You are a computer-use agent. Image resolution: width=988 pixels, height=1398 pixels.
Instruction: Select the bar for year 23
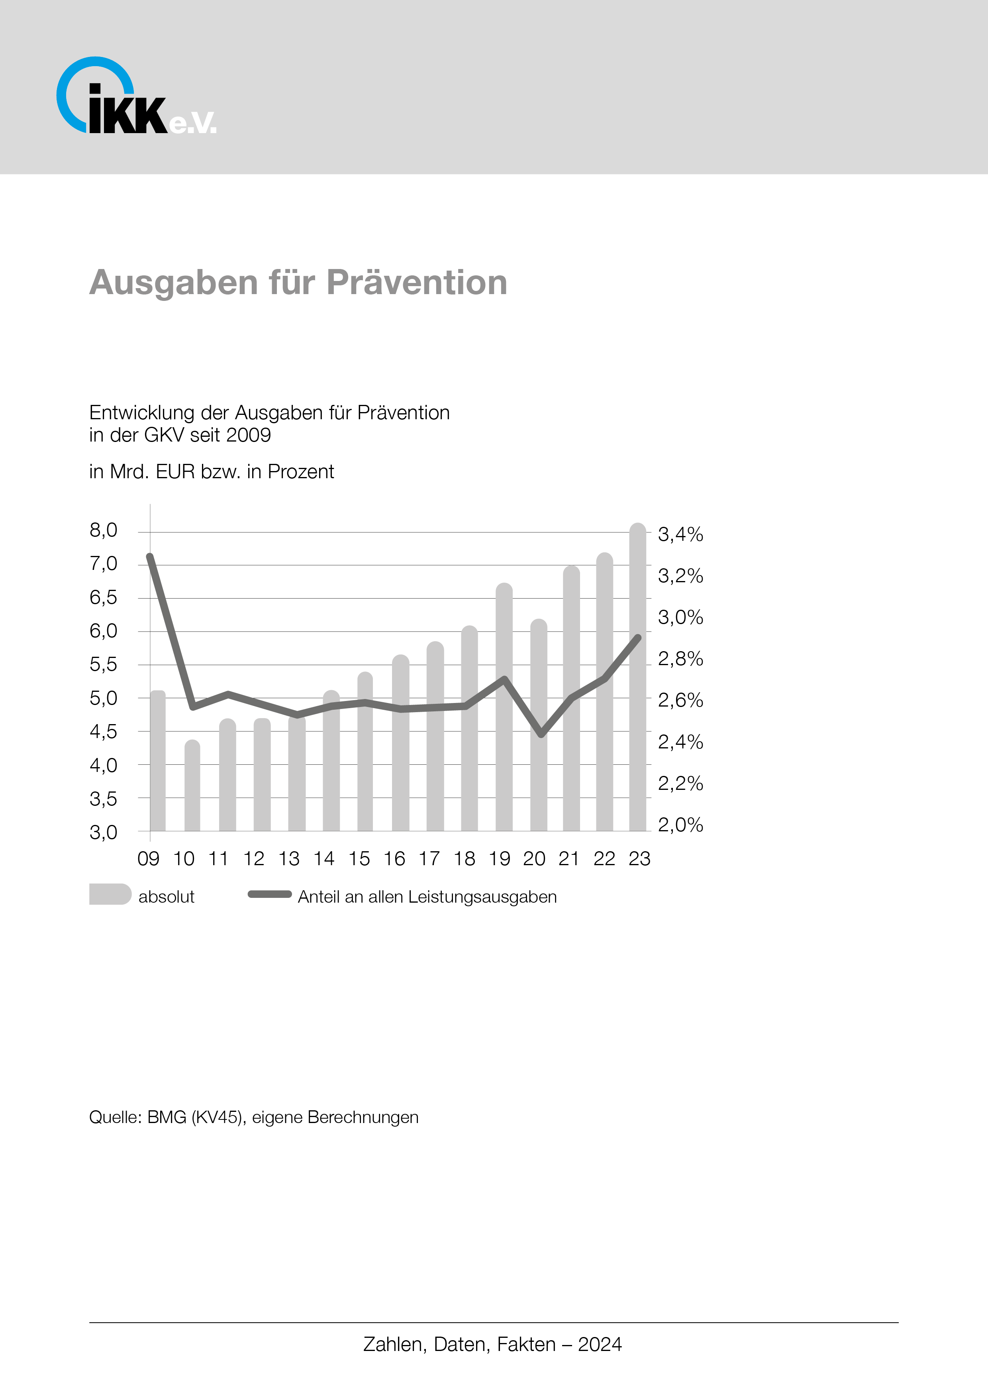click(x=637, y=676)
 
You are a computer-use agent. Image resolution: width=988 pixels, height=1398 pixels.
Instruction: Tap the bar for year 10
click(x=192, y=785)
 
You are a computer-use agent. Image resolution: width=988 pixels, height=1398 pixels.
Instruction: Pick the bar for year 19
click(x=504, y=706)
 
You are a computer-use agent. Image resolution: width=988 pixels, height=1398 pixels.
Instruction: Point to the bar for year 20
click(x=539, y=725)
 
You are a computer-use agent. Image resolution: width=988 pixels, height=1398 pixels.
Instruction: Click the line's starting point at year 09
click(x=150, y=556)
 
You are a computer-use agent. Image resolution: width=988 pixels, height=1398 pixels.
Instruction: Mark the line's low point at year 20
click(x=541, y=734)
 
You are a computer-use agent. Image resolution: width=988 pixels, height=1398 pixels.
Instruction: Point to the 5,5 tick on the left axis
click(x=104, y=664)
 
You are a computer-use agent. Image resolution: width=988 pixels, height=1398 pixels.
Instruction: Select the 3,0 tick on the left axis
click(x=104, y=832)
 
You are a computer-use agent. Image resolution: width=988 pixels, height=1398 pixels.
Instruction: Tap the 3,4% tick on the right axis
click(x=680, y=534)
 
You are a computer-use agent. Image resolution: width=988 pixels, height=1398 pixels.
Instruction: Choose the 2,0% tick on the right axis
click(x=680, y=825)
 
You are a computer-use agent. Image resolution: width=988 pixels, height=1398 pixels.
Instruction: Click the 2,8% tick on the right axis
click(x=680, y=659)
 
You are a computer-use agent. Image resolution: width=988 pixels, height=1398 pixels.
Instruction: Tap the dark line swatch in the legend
click(x=270, y=894)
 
